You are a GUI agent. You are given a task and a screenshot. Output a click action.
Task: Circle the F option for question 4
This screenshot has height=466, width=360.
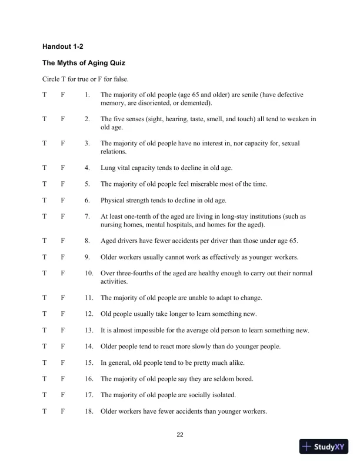point(63,168)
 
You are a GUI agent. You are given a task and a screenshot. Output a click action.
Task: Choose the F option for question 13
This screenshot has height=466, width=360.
point(63,330)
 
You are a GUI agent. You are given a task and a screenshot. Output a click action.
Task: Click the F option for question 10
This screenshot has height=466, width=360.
point(63,273)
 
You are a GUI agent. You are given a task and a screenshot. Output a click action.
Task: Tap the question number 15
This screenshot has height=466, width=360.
point(89,362)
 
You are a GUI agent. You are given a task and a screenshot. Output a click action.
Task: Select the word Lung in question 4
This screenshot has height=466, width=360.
point(108,168)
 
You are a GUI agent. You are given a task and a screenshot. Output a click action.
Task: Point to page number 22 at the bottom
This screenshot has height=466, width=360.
point(180,435)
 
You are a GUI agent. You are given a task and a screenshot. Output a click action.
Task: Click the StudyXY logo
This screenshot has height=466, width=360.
point(324,447)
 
